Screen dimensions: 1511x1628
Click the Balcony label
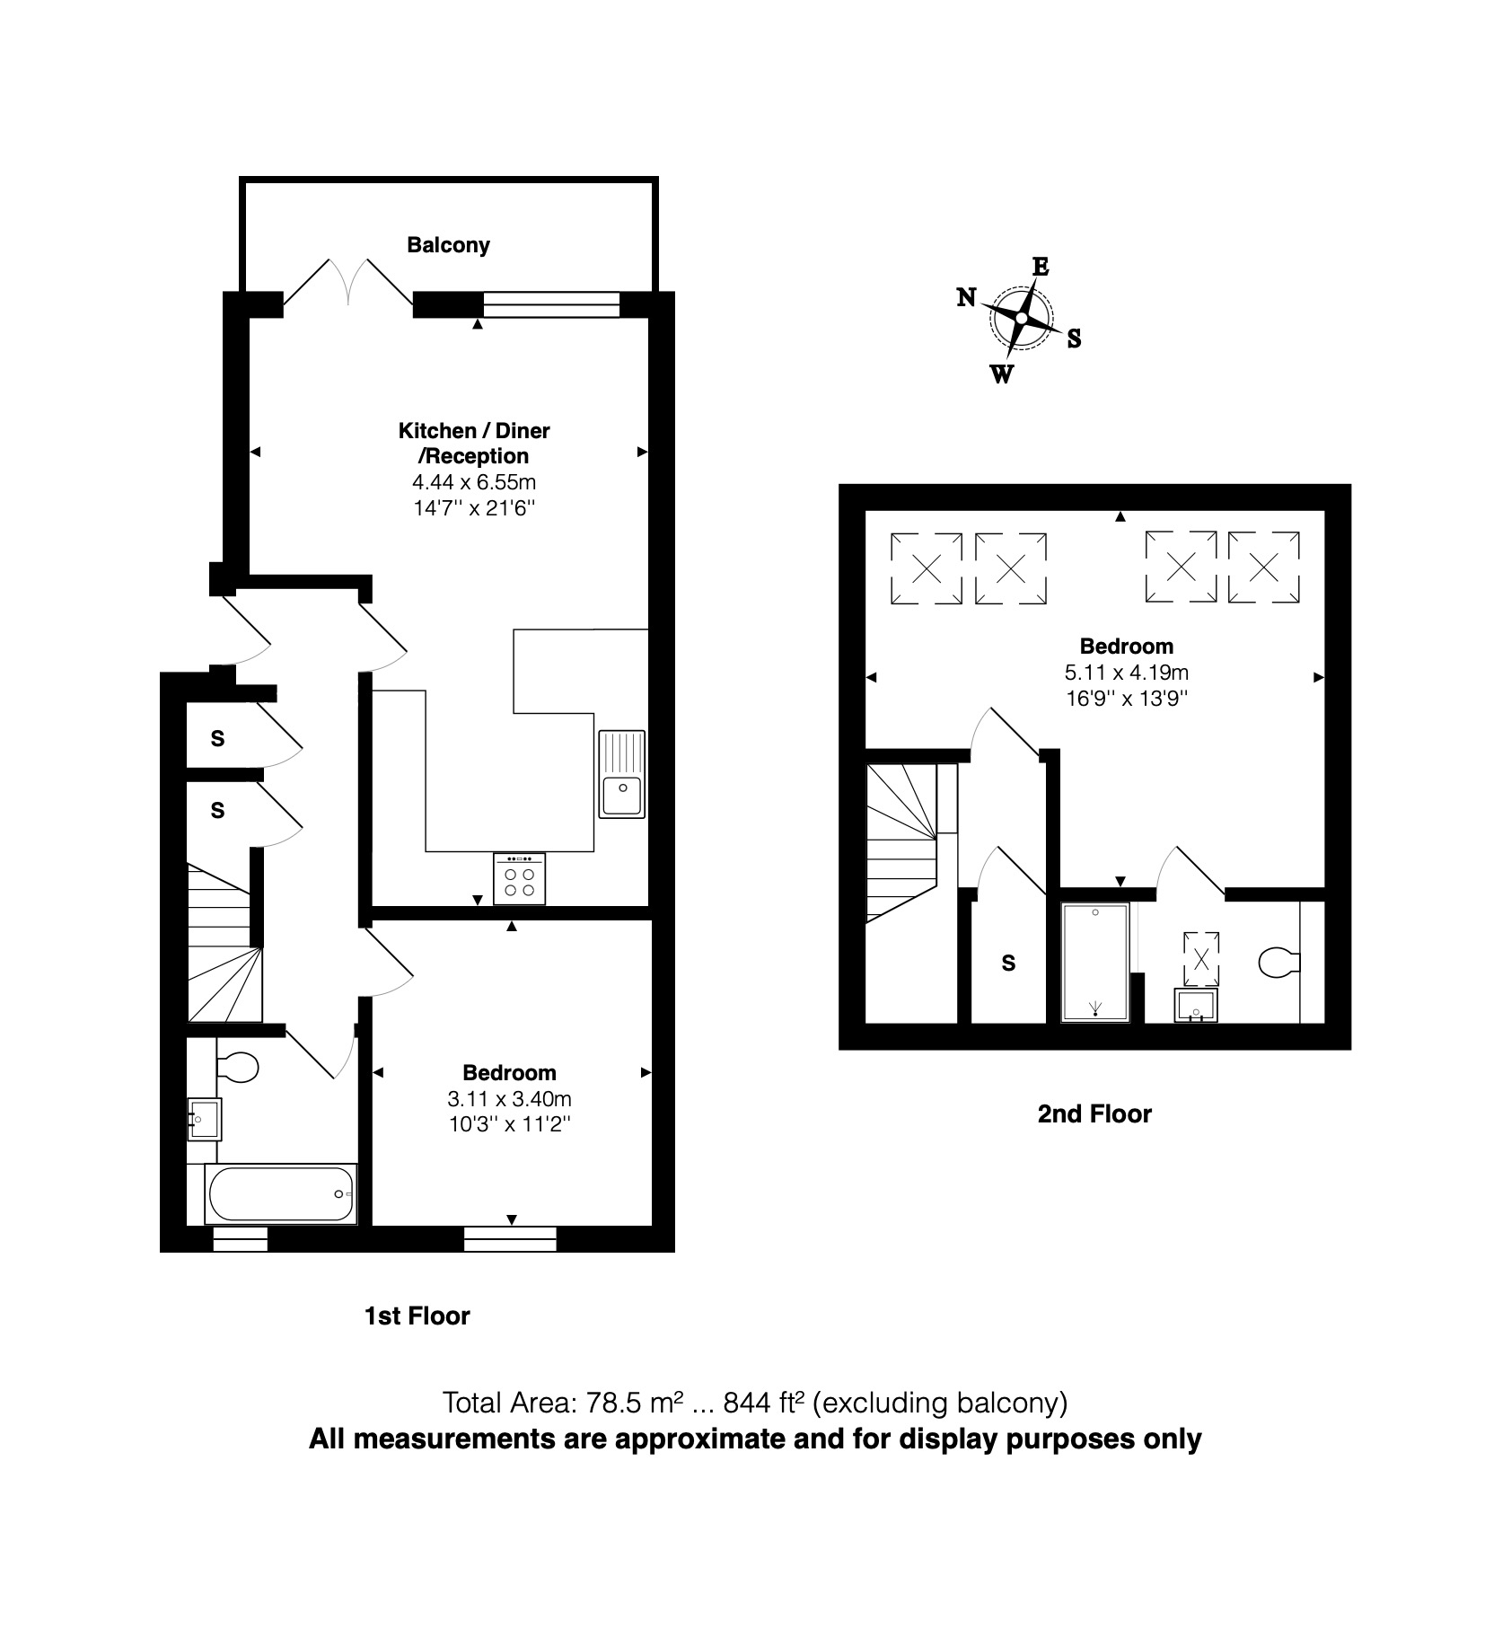(448, 245)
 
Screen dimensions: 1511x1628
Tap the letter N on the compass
(966, 297)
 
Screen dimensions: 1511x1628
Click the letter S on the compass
(1074, 339)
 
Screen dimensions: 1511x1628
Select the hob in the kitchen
(519, 878)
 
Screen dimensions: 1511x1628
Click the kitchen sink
(622, 773)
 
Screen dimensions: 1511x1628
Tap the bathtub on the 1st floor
(281, 1194)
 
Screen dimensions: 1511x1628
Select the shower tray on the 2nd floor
(1095, 963)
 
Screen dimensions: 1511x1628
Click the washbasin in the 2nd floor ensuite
(1196, 1006)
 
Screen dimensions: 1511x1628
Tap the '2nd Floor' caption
(1094, 1114)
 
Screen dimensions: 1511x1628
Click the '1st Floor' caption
(417, 1316)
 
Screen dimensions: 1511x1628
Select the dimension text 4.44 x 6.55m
(474, 482)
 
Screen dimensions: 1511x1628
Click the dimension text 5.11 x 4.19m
(1127, 672)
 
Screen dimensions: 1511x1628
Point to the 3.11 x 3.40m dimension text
(509, 1098)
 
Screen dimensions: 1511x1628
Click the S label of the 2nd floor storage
(1008, 964)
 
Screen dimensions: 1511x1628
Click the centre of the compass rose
(1022, 318)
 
